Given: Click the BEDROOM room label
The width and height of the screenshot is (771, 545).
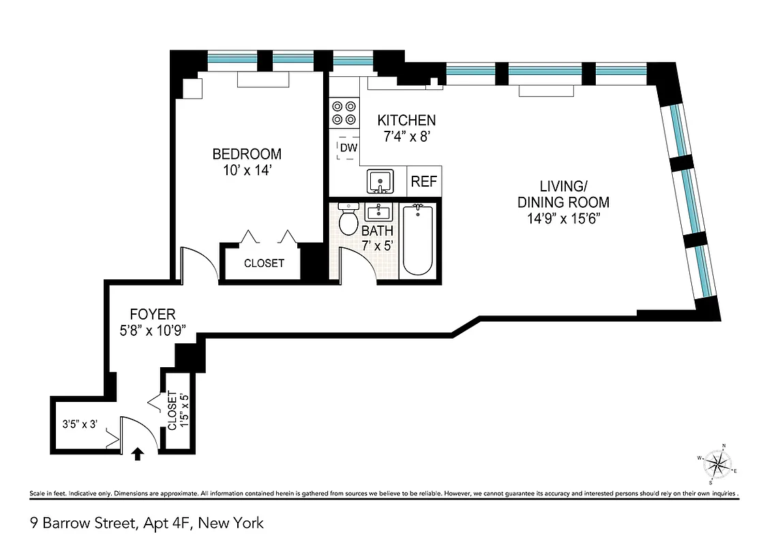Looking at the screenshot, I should [x=246, y=154].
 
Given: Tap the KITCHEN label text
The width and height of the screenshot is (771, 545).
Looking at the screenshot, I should [x=407, y=121].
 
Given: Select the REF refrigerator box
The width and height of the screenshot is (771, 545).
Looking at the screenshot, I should [x=423, y=183].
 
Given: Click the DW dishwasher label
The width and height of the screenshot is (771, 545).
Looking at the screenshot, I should [x=348, y=148].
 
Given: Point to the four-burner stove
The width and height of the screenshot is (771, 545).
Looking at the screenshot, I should [x=344, y=113].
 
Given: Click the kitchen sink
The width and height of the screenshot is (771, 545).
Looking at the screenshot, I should [x=379, y=182].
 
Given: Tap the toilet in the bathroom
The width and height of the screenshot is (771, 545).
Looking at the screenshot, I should [x=349, y=219].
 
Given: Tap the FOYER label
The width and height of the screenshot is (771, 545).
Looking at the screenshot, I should [x=153, y=315].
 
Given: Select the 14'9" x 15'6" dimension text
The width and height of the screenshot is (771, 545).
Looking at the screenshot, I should [x=563, y=219].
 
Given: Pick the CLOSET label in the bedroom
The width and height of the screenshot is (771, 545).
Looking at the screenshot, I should [x=264, y=263].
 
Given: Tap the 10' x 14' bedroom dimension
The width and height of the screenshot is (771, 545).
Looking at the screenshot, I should [x=246, y=171].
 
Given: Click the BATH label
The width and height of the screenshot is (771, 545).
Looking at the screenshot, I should [x=377, y=231].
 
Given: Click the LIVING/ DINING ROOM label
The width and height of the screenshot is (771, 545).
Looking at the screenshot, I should [x=563, y=194].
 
